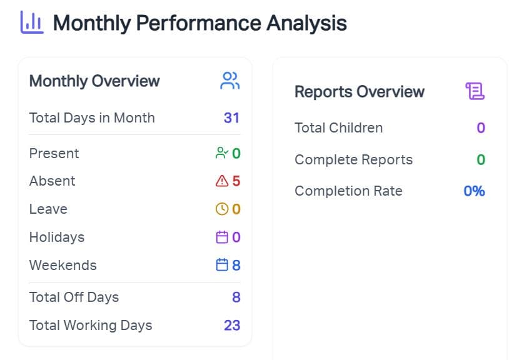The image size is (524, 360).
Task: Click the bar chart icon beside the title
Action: (x=32, y=22)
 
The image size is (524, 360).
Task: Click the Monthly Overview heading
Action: (x=94, y=81)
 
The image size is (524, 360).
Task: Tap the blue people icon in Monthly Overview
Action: (x=230, y=81)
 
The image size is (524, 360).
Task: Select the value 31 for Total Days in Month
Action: (x=231, y=117)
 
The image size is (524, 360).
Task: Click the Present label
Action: (x=54, y=153)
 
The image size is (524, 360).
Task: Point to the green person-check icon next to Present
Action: (x=221, y=153)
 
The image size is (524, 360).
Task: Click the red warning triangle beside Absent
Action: (x=221, y=181)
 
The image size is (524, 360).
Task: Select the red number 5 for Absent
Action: (x=236, y=181)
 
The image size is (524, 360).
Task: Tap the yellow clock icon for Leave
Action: (x=221, y=209)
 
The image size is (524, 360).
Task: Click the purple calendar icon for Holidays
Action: (x=221, y=237)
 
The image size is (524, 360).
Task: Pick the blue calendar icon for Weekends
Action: (x=221, y=265)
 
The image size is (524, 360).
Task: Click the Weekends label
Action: (x=63, y=265)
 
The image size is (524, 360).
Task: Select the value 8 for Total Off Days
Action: (x=236, y=297)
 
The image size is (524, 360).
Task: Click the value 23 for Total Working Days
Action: (x=232, y=325)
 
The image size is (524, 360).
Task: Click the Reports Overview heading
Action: (x=360, y=92)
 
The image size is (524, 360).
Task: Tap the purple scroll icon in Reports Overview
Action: (x=475, y=92)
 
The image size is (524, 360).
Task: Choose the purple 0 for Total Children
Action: (x=481, y=128)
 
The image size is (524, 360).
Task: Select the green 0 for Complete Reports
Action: (x=481, y=159)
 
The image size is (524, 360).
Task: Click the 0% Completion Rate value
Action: (x=474, y=191)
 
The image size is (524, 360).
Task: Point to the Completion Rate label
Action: (x=348, y=191)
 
